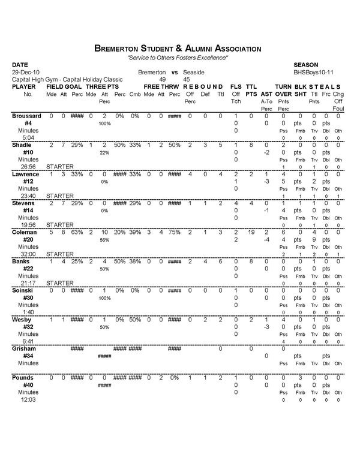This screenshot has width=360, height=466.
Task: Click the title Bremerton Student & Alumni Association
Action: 178,47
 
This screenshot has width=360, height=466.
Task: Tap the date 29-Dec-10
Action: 25,71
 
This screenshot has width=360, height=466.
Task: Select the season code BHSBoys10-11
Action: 310,71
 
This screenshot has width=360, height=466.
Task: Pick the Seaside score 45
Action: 187,79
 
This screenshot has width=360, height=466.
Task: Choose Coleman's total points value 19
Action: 251,232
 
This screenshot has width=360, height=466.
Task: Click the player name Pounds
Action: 23,378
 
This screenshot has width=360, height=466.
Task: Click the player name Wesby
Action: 22,320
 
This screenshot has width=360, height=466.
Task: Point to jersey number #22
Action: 28,269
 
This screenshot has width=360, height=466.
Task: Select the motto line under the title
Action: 178,57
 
